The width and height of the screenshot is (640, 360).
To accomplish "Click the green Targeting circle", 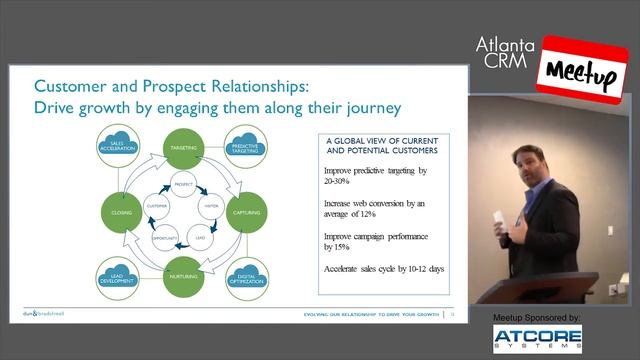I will pyautogui.click(x=183, y=147).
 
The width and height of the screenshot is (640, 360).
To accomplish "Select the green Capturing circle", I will pyautogui.click(x=246, y=212).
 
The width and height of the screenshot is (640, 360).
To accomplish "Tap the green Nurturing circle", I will pyautogui.click(x=183, y=276).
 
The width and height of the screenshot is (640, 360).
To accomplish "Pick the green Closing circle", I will pyautogui.click(x=122, y=212).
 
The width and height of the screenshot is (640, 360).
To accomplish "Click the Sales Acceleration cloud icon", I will pyautogui.click(x=124, y=147).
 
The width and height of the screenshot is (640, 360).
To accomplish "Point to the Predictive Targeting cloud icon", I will pyautogui.click(x=246, y=147).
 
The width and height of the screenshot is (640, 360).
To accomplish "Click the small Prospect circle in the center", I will pyautogui.click(x=183, y=186).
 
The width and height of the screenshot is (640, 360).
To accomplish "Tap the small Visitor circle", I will pyautogui.click(x=211, y=206).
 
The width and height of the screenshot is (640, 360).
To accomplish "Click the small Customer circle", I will pyautogui.click(x=156, y=206).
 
